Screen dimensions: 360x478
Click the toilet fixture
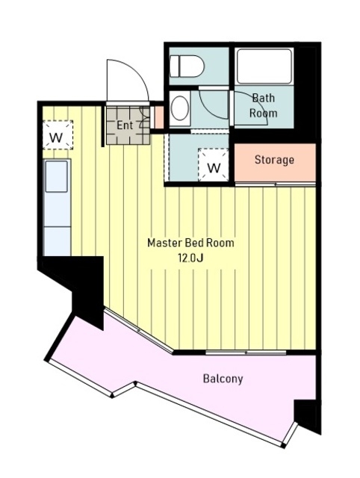click(x=187, y=66)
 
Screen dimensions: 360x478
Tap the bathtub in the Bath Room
click(x=264, y=66)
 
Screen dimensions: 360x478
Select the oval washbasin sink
click(x=179, y=108)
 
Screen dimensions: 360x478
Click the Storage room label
click(x=274, y=160)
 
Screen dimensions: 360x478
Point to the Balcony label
click(x=223, y=379)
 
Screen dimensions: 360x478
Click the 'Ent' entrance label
click(x=125, y=125)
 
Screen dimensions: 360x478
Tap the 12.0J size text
click(x=190, y=258)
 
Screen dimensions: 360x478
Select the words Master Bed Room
click(x=190, y=243)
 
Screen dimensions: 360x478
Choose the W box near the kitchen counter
click(x=58, y=135)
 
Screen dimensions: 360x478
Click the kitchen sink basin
click(x=57, y=177)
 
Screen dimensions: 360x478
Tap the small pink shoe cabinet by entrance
click(x=158, y=117)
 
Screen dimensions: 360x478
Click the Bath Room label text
click(x=264, y=105)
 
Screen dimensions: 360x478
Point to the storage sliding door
click(x=276, y=184)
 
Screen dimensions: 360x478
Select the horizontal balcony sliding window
click(x=246, y=353)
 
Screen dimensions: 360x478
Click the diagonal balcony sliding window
click(x=139, y=331)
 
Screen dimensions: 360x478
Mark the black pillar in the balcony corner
click(x=307, y=417)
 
